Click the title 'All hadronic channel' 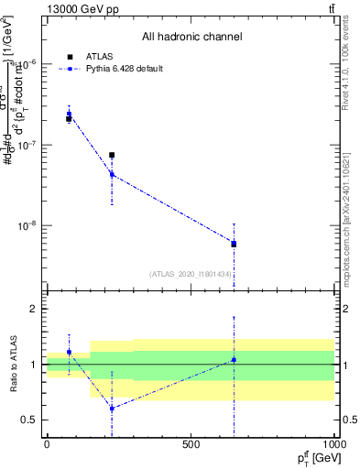[191, 38]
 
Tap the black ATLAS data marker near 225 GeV [112, 155]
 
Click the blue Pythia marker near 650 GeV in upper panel [234, 244]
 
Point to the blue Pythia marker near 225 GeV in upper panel [112, 174]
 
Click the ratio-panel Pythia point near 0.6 [112, 409]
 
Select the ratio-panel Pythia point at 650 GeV [234, 360]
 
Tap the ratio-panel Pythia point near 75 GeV [69, 352]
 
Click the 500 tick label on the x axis [191, 444]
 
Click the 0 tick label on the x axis [47, 444]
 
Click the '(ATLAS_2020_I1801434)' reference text [191, 274]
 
